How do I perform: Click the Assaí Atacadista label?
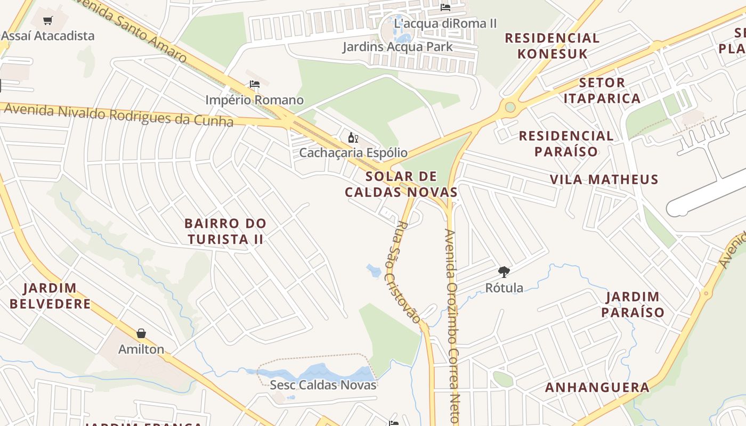click(x=48, y=36)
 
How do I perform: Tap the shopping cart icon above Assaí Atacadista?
click(x=48, y=21)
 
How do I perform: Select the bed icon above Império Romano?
click(x=255, y=84)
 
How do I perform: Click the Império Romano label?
click(x=255, y=100)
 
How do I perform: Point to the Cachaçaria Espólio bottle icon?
click(x=353, y=138)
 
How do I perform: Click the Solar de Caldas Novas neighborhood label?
click(x=401, y=184)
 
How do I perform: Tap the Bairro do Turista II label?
click(x=225, y=231)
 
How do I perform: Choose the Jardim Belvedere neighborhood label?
click(x=50, y=296)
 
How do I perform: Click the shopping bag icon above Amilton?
click(x=141, y=333)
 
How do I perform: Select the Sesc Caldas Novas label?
click(x=323, y=384)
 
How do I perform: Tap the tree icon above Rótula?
click(x=504, y=272)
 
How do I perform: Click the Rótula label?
click(x=504, y=288)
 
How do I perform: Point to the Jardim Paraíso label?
click(x=633, y=305)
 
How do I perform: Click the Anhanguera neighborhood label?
click(x=597, y=387)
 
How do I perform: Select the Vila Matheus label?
click(x=604, y=179)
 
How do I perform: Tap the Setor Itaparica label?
click(x=602, y=91)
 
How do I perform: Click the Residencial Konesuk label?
click(x=552, y=46)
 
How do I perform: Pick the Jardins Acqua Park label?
click(x=398, y=46)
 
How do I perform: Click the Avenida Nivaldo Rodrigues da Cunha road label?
click(x=118, y=115)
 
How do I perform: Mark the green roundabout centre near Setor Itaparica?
click(x=510, y=107)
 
